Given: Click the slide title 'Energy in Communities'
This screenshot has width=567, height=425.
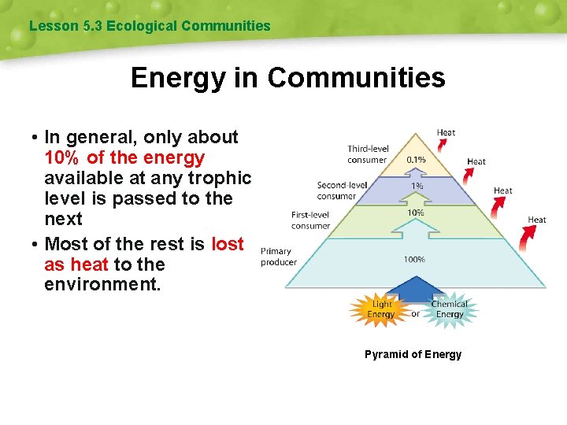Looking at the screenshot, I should [287, 78].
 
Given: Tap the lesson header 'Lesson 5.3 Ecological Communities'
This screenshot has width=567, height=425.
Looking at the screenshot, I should [150, 26].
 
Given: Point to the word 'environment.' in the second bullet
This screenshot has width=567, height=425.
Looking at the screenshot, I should [102, 284].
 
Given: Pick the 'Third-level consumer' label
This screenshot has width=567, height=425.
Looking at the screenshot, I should [367, 154].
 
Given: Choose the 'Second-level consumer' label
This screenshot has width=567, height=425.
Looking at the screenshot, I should [342, 190].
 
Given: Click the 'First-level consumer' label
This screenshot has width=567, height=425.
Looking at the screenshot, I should [311, 220].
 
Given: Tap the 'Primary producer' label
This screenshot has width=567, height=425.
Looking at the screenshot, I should [279, 257].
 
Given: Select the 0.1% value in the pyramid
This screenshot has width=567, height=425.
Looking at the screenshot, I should [417, 159].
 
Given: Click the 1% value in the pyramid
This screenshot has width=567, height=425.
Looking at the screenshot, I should [416, 186].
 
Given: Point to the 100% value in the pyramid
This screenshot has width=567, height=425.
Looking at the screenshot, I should [414, 259].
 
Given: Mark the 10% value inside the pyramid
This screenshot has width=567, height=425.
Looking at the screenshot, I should [415, 213].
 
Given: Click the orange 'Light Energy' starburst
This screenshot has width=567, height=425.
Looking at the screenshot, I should [381, 309].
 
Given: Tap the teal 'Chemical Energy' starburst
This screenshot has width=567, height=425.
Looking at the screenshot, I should [449, 309].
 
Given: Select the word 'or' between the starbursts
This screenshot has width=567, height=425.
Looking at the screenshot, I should [416, 314].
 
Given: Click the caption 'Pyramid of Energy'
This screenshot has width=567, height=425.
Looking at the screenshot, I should [413, 354].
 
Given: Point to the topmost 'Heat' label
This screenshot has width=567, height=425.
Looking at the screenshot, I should [447, 132].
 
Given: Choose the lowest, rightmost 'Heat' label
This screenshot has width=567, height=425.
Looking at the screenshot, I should [537, 220].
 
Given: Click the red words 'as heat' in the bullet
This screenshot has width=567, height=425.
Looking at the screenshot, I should [76, 264].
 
